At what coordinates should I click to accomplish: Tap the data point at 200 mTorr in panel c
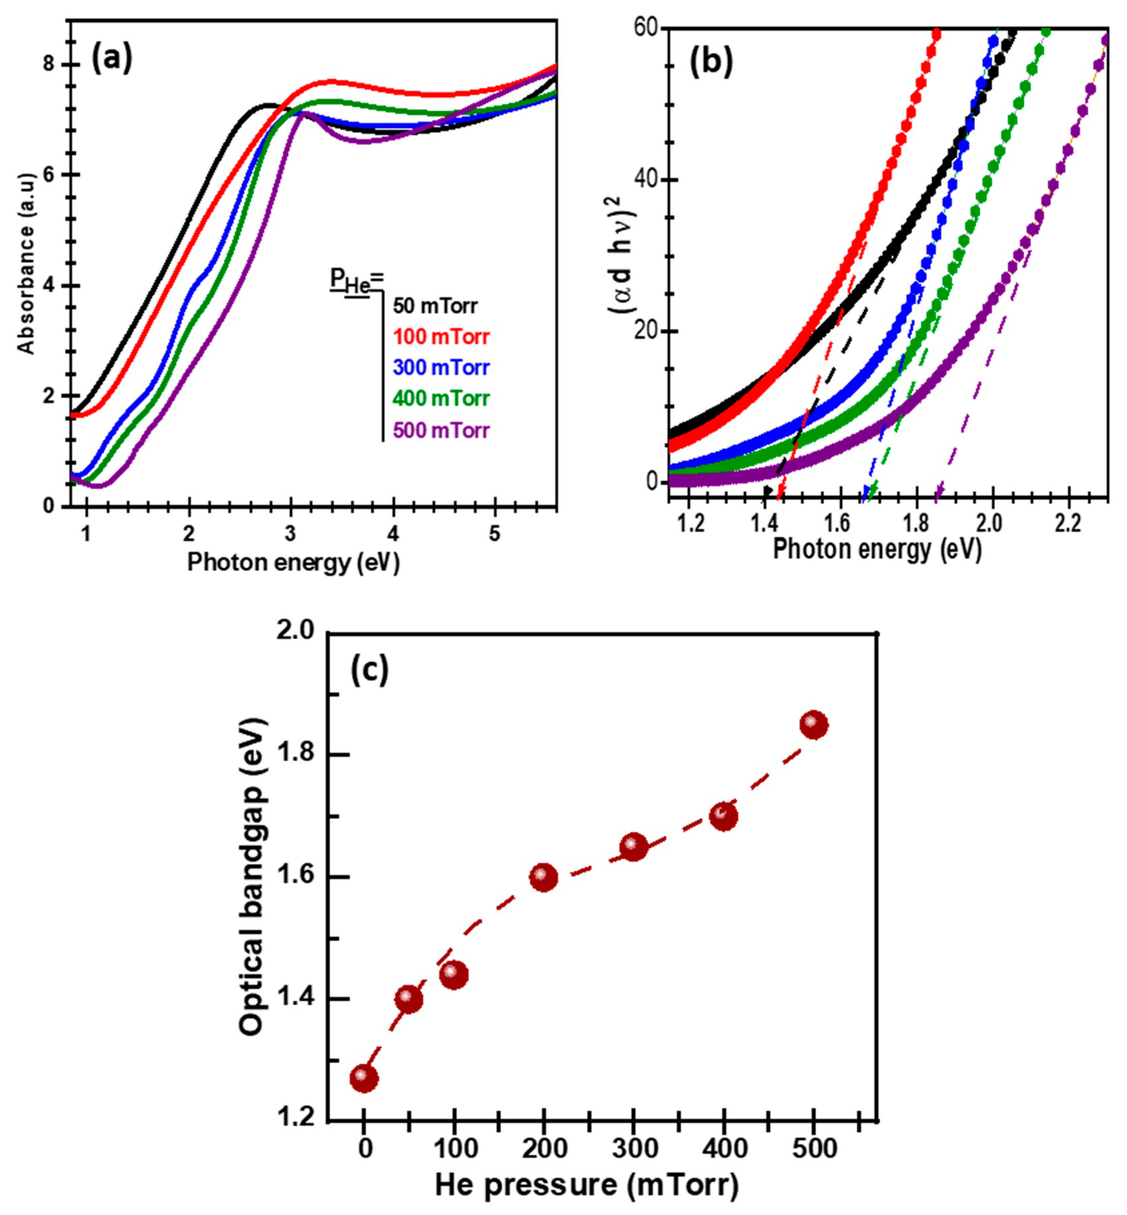click(543, 877)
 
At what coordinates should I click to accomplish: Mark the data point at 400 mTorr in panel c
click(724, 816)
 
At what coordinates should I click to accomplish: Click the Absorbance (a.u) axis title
click(26, 262)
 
